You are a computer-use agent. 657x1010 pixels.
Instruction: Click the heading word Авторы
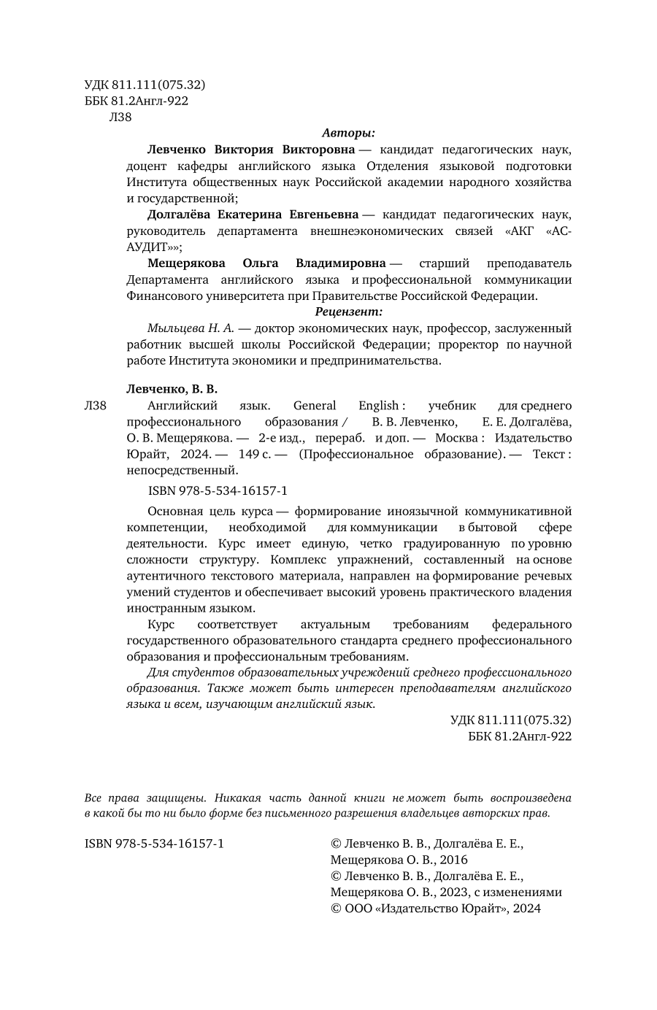[348, 133]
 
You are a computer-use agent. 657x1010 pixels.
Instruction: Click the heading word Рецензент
[348, 312]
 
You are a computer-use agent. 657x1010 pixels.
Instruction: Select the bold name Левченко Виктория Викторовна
[251, 150]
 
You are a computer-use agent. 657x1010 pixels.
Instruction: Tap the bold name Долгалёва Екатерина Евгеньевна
[253, 215]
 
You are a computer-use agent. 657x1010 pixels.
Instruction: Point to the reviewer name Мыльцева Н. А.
[190, 328]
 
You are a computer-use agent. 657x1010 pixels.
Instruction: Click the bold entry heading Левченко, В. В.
[172, 389]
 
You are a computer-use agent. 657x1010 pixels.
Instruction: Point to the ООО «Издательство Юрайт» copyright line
[436, 909]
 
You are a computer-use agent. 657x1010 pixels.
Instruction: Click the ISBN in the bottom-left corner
[154, 844]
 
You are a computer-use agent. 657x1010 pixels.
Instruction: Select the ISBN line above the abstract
[218, 492]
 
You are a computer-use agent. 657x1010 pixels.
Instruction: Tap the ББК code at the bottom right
[519, 736]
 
